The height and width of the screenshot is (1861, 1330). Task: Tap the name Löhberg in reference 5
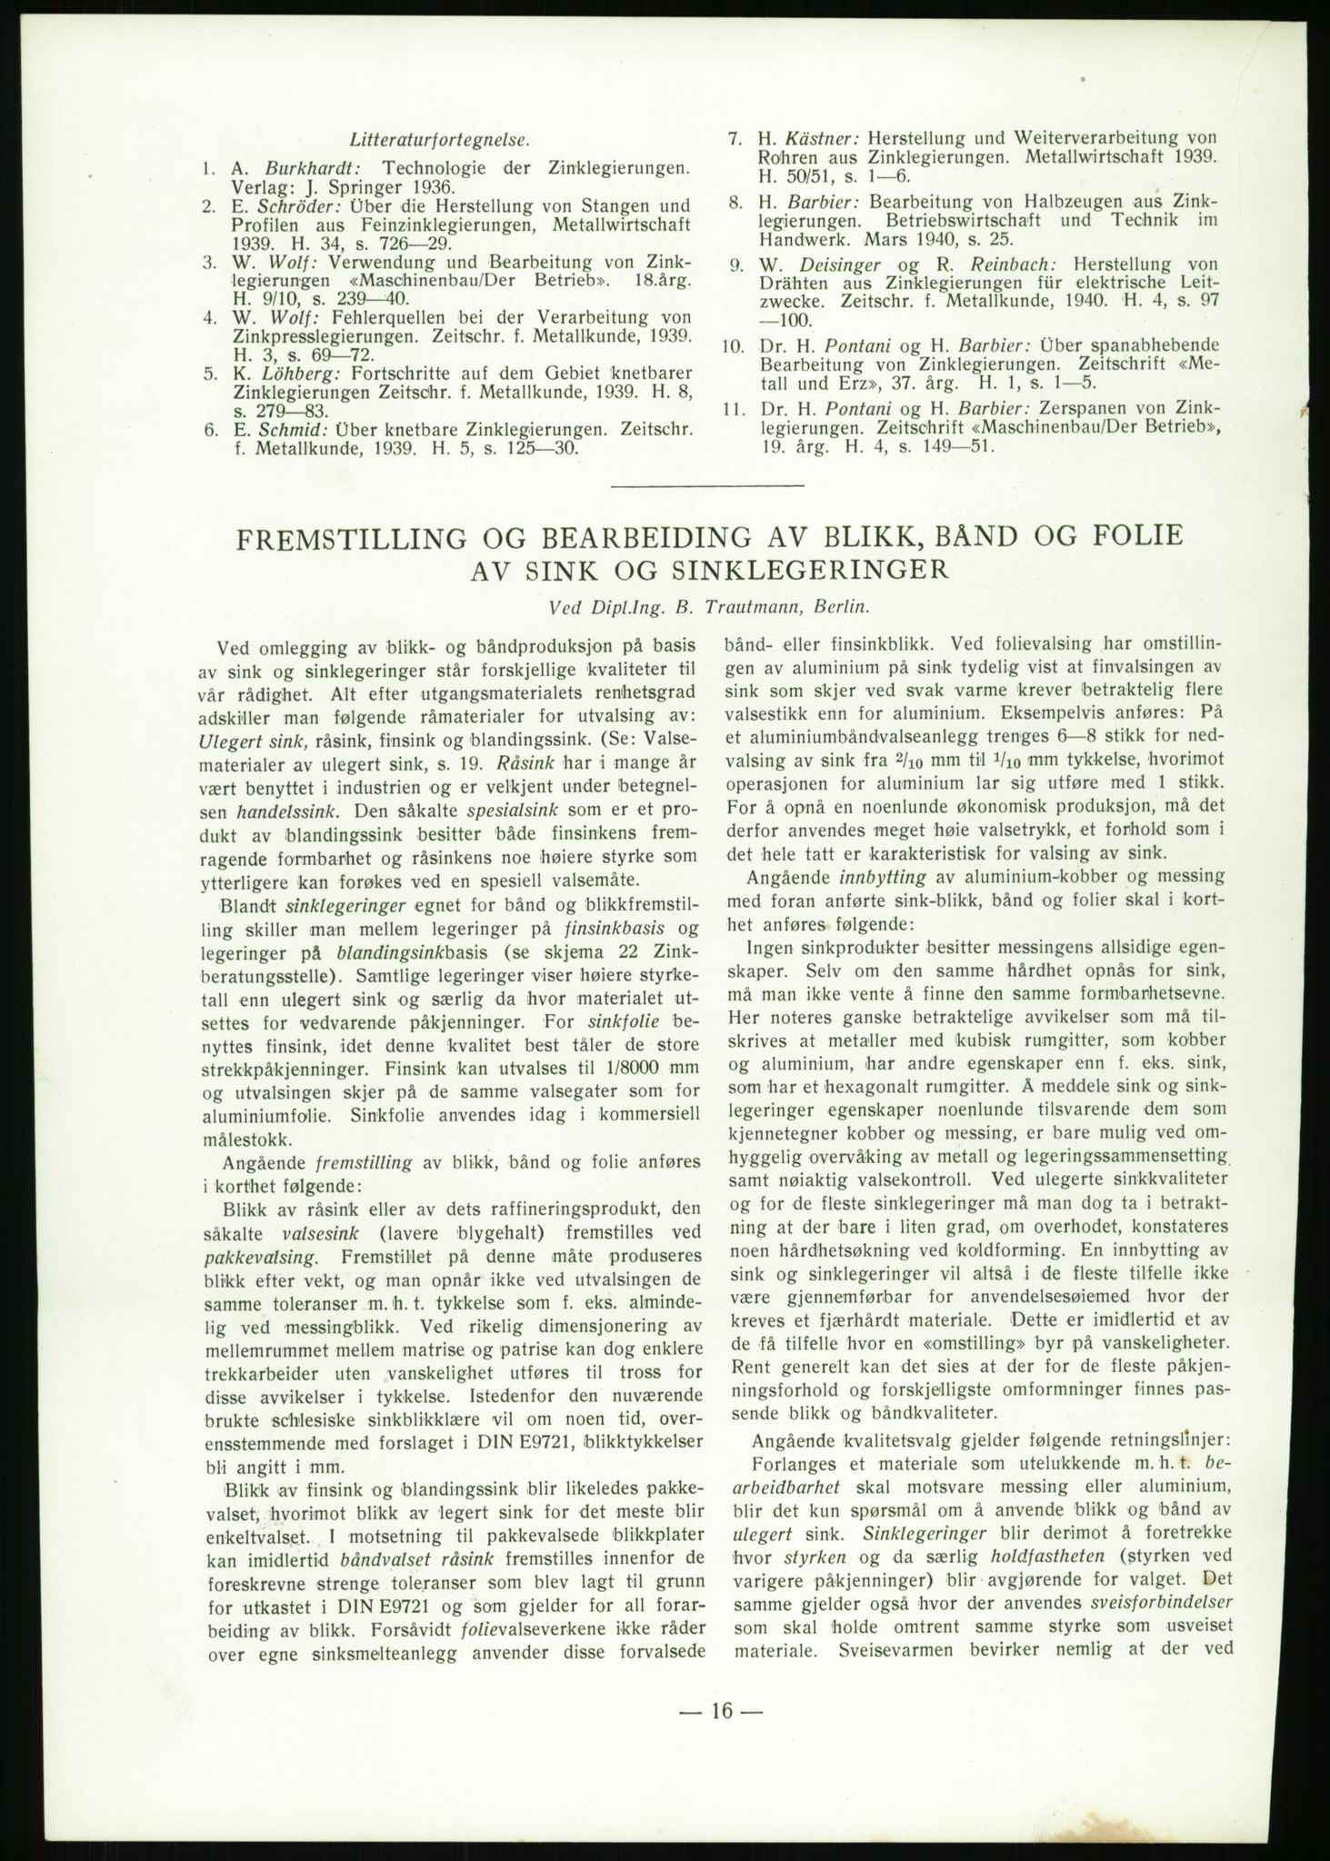coord(291,373)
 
